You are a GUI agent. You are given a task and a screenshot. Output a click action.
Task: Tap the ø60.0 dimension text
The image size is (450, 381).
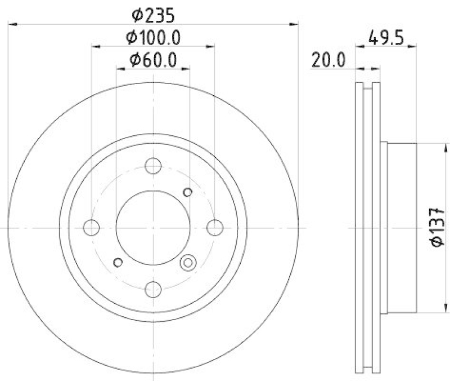pyautogui.click(x=153, y=59)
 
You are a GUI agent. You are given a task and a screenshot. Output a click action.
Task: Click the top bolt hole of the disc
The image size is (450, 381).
pyautogui.click(x=153, y=166)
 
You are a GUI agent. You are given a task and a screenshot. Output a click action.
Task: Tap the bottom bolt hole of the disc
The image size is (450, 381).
pyautogui.click(x=153, y=289)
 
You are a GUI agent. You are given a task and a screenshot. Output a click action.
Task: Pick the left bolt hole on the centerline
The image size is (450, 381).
pyautogui.click(x=91, y=227)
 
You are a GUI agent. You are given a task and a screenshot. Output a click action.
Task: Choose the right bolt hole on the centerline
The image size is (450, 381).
pyautogui.click(x=215, y=227)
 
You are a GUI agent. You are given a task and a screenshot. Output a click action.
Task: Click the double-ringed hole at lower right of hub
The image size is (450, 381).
pyautogui.click(x=188, y=262)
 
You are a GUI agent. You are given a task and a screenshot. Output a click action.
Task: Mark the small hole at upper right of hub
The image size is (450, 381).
pyautogui.click(x=188, y=192)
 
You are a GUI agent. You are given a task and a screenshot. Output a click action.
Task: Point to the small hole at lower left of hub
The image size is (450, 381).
pyautogui.click(x=118, y=262)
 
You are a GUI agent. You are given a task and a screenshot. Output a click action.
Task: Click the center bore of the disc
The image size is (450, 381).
pyautogui.click(x=153, y=227)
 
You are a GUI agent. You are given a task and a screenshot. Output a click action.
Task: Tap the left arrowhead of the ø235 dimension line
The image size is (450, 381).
pyautogui.click(x=12, y=24)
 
